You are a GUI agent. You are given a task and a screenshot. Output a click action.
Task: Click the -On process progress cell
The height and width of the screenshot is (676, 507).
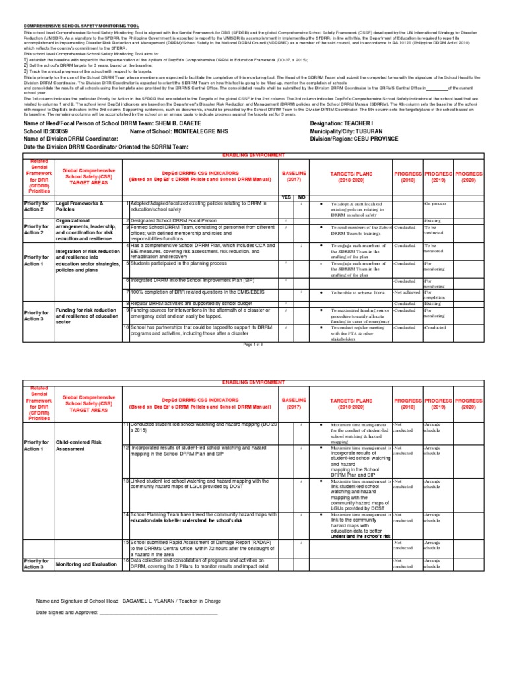(x=436, y=203)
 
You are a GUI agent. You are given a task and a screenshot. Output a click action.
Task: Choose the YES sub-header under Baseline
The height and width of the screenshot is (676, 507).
(x=286, y=197)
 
